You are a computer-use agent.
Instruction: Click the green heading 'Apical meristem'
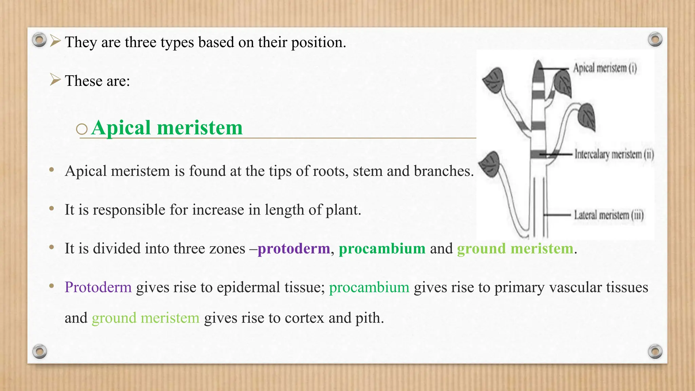click(x=167, y=128)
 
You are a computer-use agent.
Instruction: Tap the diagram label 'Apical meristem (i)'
click(x=605, y=68)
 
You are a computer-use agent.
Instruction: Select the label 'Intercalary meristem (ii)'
click(x=614, y=154)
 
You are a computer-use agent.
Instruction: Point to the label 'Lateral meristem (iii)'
click(x=608, y=215)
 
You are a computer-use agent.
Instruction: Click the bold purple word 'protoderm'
click(x=294, y=248)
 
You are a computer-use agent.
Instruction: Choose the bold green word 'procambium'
click(x=382, y=248)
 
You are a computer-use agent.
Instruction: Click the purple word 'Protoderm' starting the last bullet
click(x=98, y=287)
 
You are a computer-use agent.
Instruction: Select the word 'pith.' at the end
click(x=370, y=318)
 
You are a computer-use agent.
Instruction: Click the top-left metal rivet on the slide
click(x=39, y=40)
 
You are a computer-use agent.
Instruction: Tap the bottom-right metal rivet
click(x=655, y=351)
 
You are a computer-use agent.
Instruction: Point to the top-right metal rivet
click(x=655, y=39)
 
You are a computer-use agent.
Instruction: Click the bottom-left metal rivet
click(x=39, y=351)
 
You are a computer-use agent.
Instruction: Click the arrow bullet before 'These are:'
click(x=55, y=80)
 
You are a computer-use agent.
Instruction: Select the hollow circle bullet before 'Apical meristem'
click(x=82, y=129)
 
